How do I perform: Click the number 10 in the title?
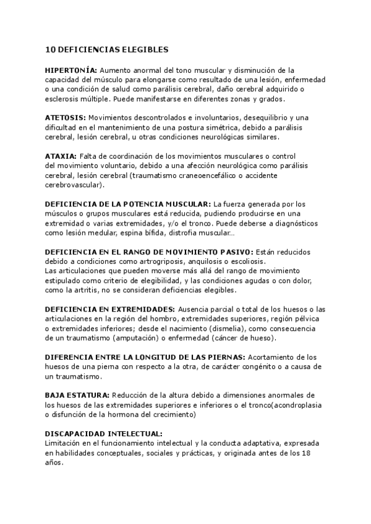pos(51,49)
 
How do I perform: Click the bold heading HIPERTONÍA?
pos(71,70)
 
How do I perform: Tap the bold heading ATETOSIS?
pos(66,117)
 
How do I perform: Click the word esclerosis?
pos(64,99)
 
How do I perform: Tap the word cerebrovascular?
pos(74,185)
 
